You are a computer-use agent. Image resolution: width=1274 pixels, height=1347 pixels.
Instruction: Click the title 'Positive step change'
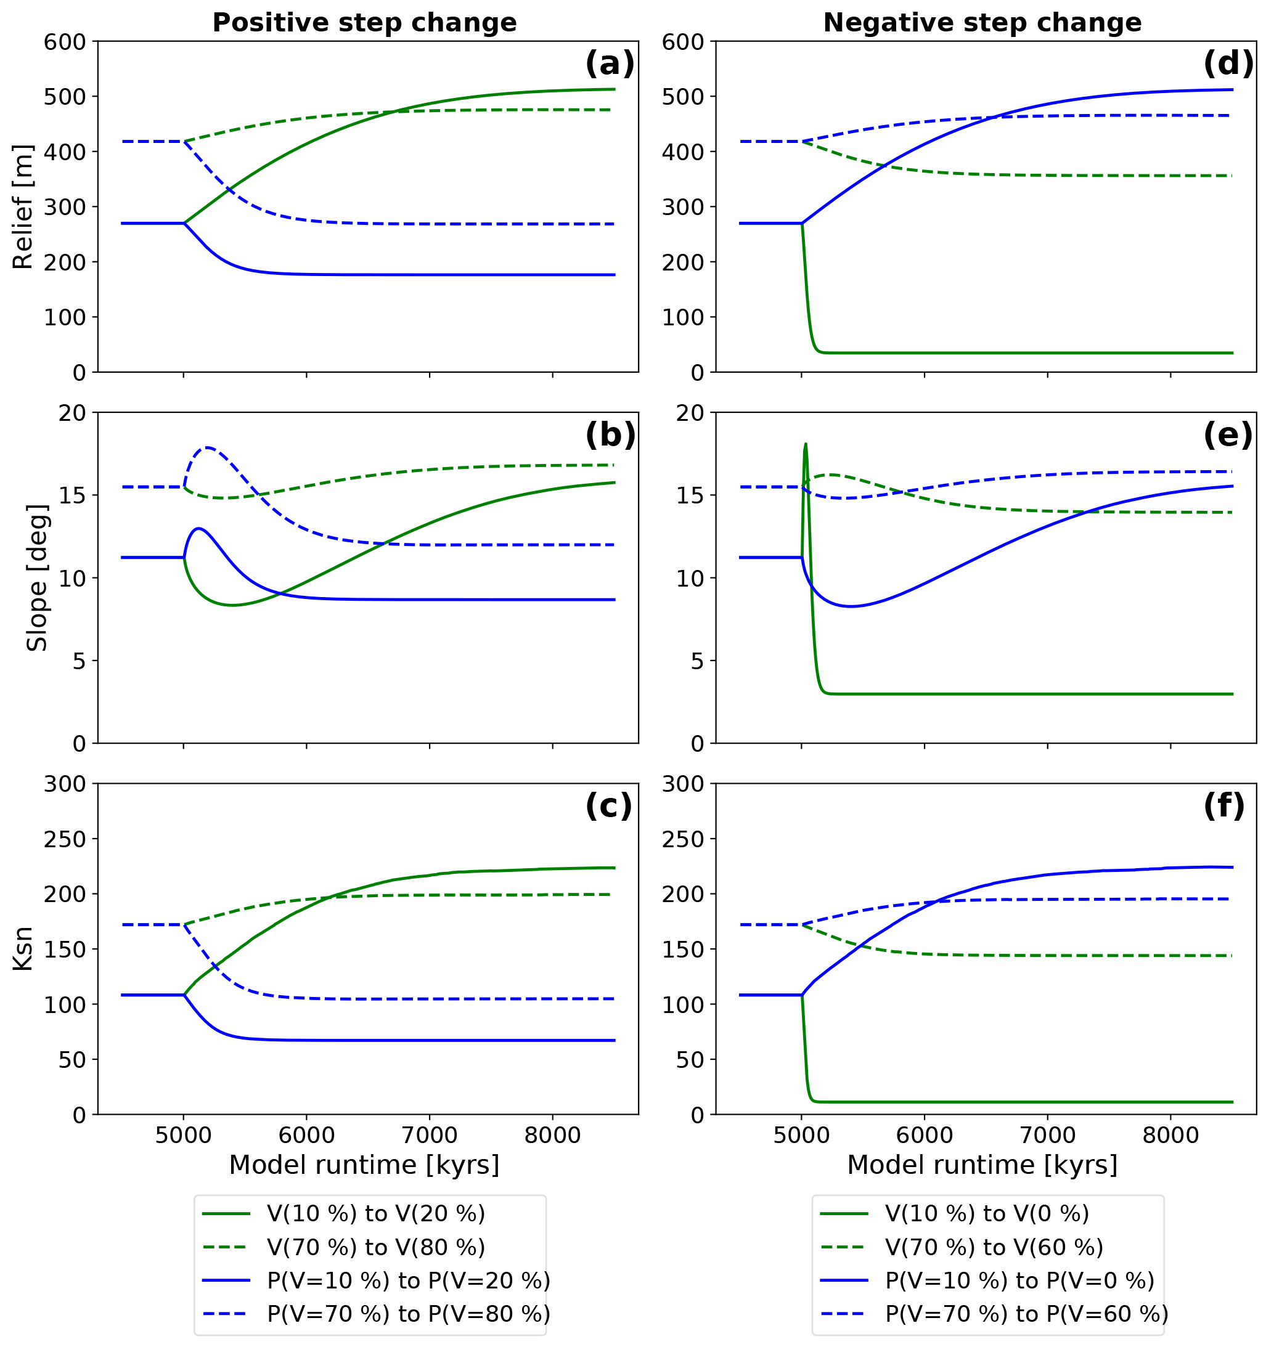pyautogui.click(x=364, y=23)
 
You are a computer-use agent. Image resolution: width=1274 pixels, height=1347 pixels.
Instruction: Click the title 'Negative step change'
pyautogui.click(x=982, y=23)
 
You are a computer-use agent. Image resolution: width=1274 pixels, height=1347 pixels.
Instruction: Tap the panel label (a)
pyautogui.click(x=609, y=64)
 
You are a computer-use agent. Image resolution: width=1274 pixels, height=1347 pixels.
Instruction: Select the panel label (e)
pyautogui.click(x=1227, y=435)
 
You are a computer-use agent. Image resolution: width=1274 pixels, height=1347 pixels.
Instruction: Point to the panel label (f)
pyautogui.click(x=1223, y=806)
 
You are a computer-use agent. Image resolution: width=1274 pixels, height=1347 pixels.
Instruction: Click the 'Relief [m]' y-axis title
pyautogui.click(x=23, y=206)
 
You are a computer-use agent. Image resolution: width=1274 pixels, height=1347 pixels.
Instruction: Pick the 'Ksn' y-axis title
pyautogui.click(x=23, y=948)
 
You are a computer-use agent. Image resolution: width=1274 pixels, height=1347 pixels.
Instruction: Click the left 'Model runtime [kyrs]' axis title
pyautogui.click(x=364, y=1165)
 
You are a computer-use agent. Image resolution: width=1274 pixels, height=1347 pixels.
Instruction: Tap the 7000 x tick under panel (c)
pyautogui.click(x=429, y=1135)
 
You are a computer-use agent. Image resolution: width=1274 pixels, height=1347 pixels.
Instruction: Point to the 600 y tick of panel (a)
pyautogui.click(x=65, y=42)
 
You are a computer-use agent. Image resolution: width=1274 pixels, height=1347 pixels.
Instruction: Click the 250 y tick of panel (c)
pyautogui.click(x=65, y=839)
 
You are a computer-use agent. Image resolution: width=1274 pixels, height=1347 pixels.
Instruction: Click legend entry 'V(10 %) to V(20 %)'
pyautogui.click(x=375, y=1213)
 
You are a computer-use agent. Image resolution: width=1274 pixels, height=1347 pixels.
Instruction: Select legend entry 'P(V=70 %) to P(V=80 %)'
pyautogui.click(x=408, y=1314)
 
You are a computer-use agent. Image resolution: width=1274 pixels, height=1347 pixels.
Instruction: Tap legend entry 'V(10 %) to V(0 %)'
pyautogui.click(x=987, y=1213)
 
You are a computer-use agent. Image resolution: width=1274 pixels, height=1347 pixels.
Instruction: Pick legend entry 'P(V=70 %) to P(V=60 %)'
pyautogui.click(x=1026, y=1314)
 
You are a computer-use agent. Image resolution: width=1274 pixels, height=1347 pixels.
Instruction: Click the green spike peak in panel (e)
pyautogui.click(x=806, y=445)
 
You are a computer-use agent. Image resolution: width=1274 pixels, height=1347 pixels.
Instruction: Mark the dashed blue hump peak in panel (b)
pyautogui.click(x=207, y=447)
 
